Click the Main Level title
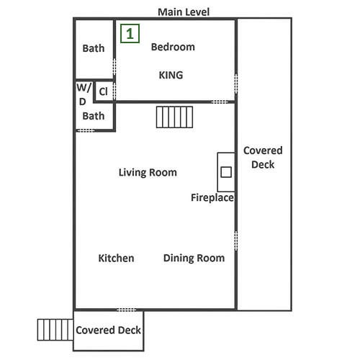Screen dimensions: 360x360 click(x=184, y=12)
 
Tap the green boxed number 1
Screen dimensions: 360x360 click(x=130, y=34)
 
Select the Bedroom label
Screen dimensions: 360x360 click(x=173, y=47)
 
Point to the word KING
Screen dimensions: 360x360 click(x=171, y=75)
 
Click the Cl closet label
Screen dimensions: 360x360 click(x=103, y=91)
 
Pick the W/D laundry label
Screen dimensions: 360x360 click(x=84, y=94)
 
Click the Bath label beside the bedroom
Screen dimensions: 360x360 click(x=94, y=48)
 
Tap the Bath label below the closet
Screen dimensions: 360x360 click(x=94, y=116)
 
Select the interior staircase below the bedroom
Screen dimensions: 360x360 click(x=174, y=117)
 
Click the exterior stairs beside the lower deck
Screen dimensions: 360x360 click(x=55, y=330)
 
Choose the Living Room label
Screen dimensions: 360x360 click(x=148, y=173)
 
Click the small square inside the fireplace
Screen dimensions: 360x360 click(x=226, y=172)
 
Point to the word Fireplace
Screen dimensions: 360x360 click(x=212, y=198)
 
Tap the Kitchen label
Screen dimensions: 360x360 click(x=116, y=258)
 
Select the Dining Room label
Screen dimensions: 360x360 click(x=194, y=258)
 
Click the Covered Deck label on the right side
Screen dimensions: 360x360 click(x=263, y=158)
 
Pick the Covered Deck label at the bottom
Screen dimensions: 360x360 click(x=108, y=330)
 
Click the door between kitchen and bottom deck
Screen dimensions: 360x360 click(x=126, y=310)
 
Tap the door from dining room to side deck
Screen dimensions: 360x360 click(x=236, y=241)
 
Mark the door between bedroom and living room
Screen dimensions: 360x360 click(x=220, y=102)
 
